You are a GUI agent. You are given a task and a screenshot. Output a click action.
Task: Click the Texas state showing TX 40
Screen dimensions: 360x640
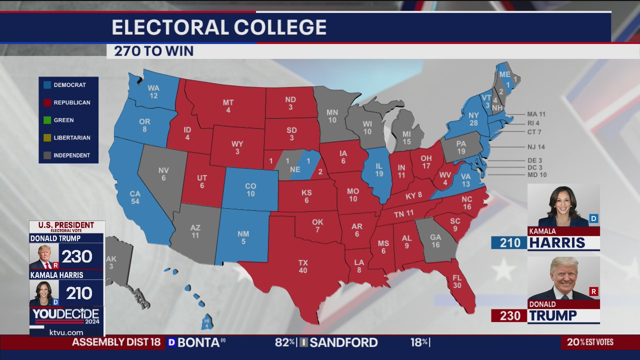[x=303, y=266]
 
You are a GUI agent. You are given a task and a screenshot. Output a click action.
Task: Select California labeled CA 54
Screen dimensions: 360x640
[x=135, y=197]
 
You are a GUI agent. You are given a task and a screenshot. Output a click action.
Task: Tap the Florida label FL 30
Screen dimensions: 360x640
[x=457, y=281]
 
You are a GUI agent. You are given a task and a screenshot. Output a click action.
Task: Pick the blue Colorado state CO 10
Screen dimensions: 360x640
[x=250, y=190]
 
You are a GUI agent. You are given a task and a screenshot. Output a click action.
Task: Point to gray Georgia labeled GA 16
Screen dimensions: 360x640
[x=435, y=241]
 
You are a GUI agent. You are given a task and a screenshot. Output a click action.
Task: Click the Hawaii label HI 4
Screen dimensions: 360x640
[x=206, y=322]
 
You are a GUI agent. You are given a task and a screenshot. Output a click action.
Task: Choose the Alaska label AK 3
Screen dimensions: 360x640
[x=111, y=262]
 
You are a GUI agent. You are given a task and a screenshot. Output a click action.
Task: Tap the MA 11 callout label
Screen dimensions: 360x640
[x=536, y=114]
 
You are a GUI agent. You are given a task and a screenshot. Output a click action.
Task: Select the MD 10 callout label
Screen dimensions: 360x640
[x=536, y=175]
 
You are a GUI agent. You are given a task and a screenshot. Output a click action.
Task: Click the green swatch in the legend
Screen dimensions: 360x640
[x=47, y=120]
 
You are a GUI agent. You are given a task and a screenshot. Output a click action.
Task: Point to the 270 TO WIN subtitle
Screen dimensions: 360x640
[x=153, y=51]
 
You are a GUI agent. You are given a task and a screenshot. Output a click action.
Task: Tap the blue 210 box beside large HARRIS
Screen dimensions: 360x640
[x=508, y=243]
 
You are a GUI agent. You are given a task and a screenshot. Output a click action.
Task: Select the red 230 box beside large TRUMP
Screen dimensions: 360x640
[x=508, y=315]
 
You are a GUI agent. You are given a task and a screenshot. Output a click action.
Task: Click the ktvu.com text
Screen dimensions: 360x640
[x=66, y=332]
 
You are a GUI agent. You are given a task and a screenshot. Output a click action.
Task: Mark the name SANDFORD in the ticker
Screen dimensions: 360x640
[x=343, y=342]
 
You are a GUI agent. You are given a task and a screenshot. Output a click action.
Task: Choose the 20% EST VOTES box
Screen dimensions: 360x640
[x=590, y=342]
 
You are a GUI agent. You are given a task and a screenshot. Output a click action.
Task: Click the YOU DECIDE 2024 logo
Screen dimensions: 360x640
[x=66, y=316]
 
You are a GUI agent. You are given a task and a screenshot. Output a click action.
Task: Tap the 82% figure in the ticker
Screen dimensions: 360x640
[x=285, y=342]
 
